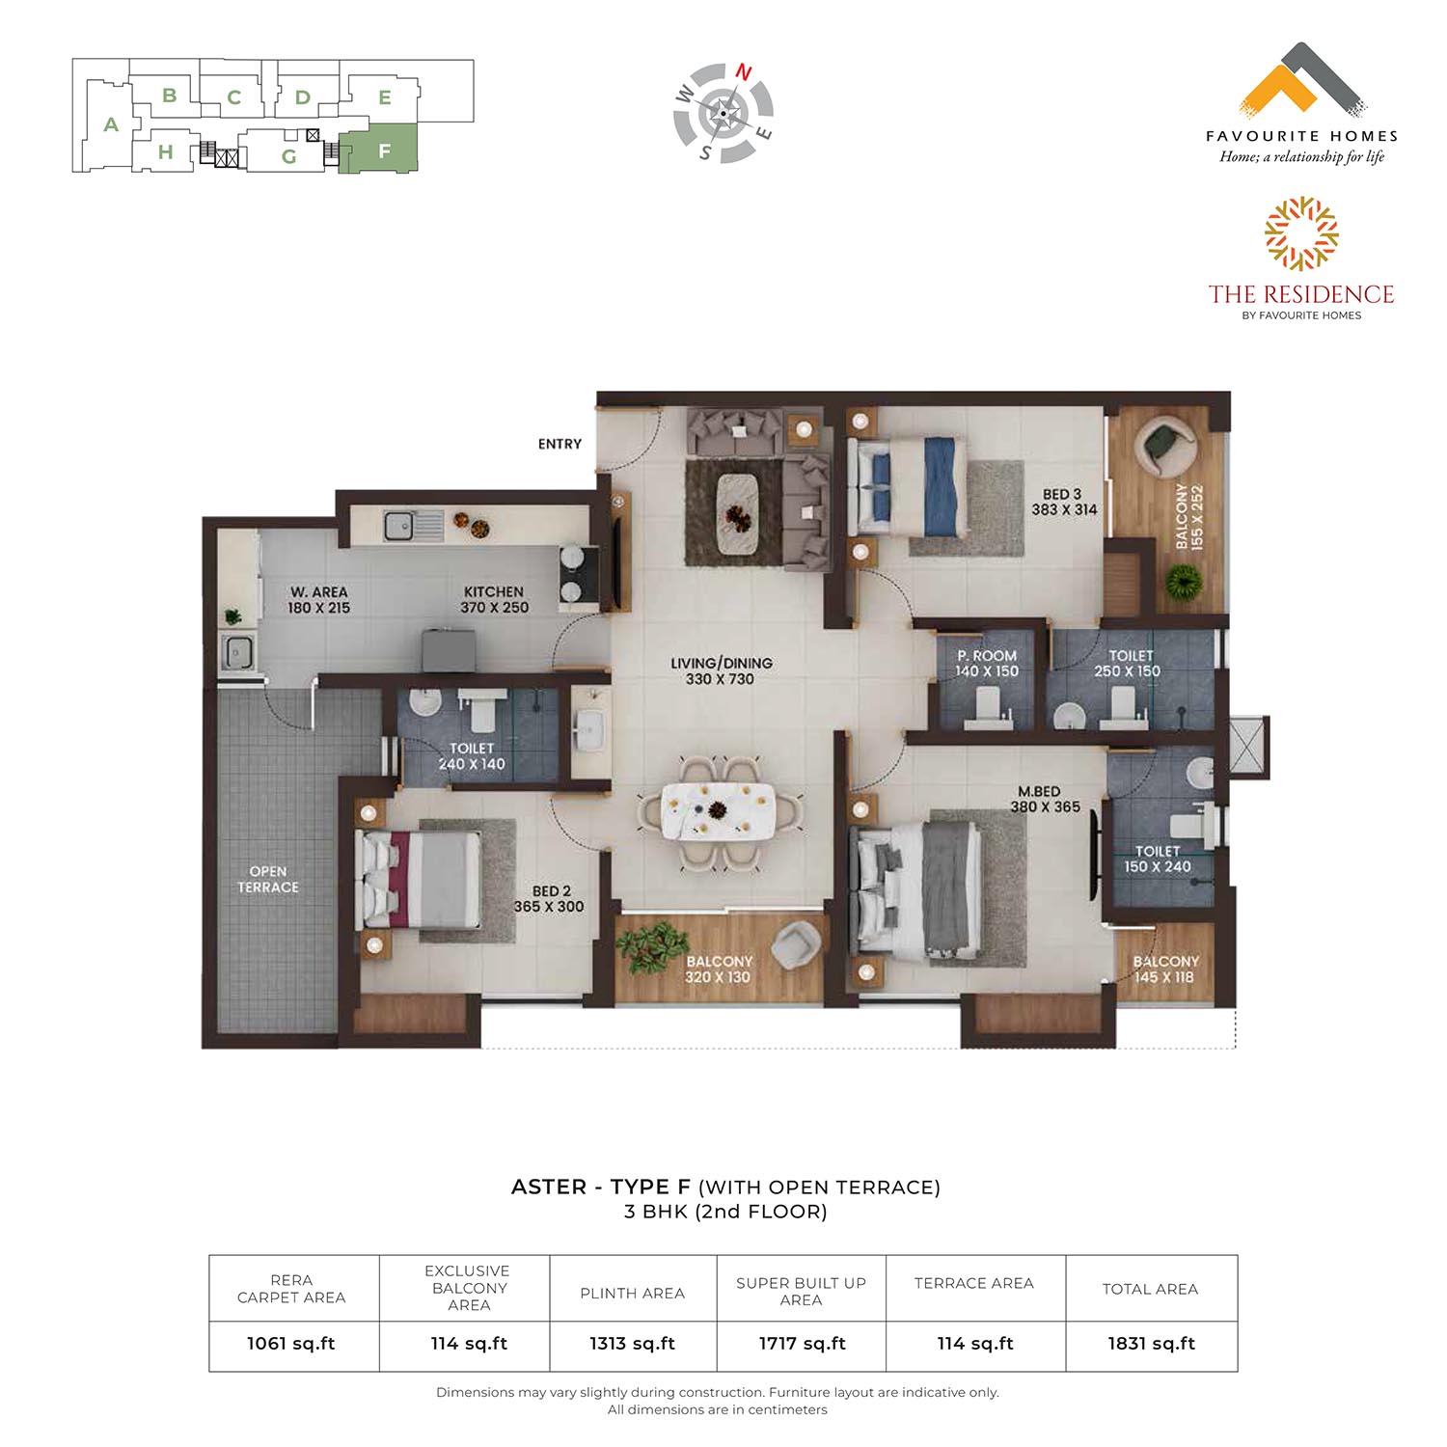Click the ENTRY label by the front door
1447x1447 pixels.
(560, 444)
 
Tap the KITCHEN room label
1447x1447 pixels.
(493, 591)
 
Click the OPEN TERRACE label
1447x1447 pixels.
(268, 879)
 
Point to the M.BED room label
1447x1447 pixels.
(1039, 791)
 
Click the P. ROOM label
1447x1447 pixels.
(987, 655)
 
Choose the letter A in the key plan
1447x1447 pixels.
(111, 124)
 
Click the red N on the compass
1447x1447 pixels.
(744, 71)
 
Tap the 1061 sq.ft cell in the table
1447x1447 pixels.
(291, 1343)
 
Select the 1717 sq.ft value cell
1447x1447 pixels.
(802, 1343)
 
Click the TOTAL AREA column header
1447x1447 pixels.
(1150, 1289)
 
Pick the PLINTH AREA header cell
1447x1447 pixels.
(633, 1293)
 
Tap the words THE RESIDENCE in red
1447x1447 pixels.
(1301, 293)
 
